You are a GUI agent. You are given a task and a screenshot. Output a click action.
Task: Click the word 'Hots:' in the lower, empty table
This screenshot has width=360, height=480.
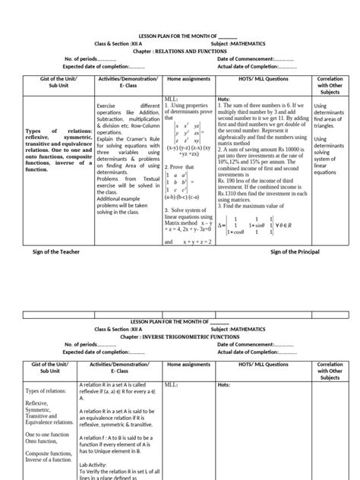(x=225, y=385)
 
